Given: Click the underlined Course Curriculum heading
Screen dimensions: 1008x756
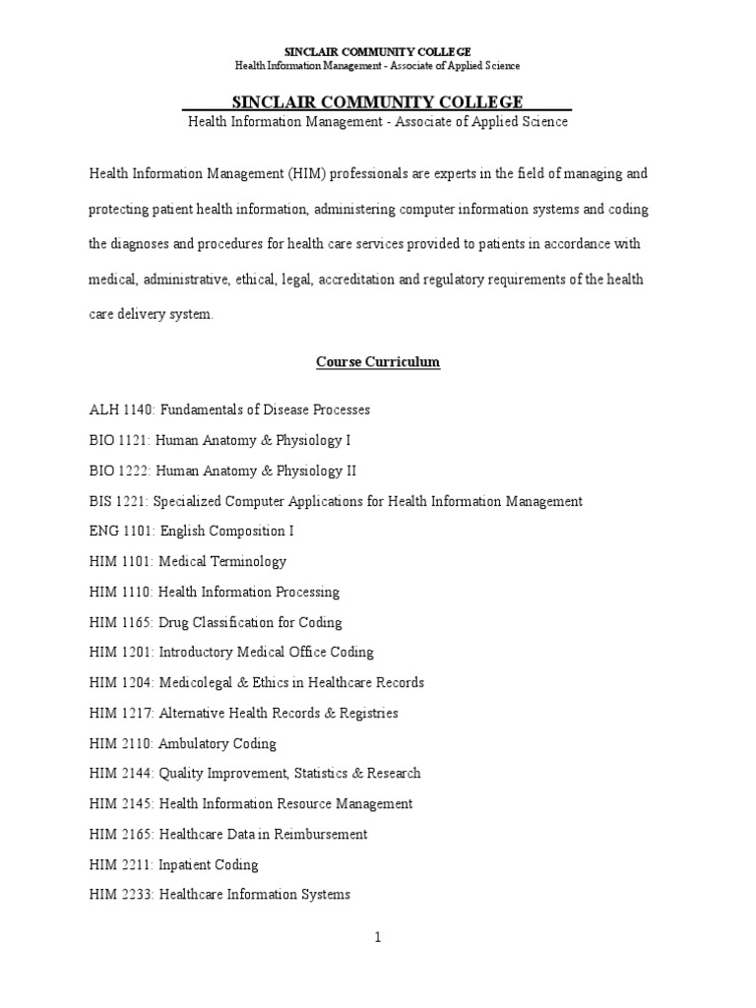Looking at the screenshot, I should click(378, 362).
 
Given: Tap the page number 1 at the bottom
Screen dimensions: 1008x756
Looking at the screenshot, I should click(377, 938).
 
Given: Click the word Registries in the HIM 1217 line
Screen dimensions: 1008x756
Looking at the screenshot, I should click(366, 713).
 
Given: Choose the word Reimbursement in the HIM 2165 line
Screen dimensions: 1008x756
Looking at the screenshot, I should click(317, 834).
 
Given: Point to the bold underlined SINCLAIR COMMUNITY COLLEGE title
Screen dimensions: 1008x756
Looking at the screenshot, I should click(377, 102).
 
